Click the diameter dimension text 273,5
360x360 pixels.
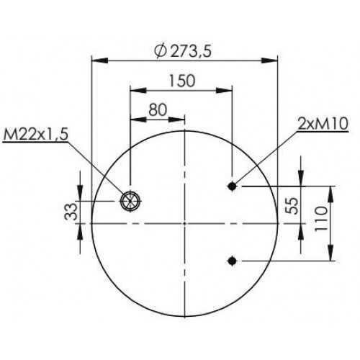(191, 51)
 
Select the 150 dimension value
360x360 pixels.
(182, 81)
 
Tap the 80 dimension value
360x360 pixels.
(158, 109)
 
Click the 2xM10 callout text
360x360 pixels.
(323, 124)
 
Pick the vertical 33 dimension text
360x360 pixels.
(71, 212)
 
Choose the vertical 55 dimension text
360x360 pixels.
(292, 205)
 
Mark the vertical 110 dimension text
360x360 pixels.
(320, 218)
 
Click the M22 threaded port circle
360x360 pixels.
(130, 201)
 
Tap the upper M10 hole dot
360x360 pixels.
(232, 186)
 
